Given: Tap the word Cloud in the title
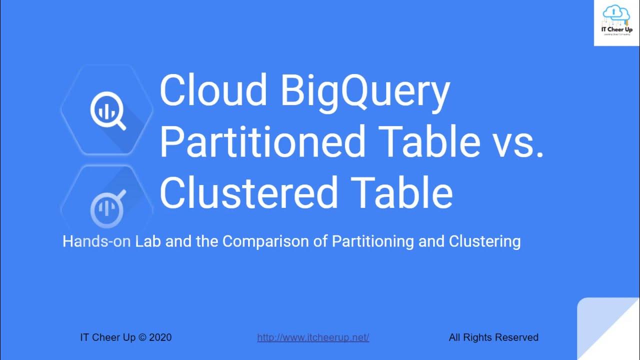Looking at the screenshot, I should [213, 90].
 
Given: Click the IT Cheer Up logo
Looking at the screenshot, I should [616, 23].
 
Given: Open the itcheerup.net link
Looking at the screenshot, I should [313, 337].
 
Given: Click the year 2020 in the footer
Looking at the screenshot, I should [160, 337].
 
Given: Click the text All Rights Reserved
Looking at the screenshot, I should [493, 337].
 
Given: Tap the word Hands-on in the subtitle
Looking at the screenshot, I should [96, 241].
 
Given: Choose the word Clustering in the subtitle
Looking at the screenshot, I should [484, 241].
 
